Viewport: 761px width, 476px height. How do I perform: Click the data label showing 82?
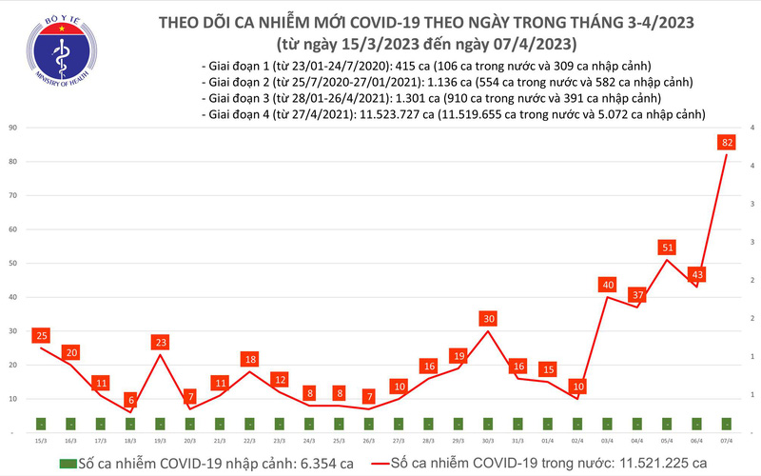[726, 142]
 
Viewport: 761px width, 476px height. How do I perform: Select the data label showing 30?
[489, 318]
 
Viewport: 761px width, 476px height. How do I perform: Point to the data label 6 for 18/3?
[130, 401]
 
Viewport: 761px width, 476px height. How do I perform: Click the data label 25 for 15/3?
[40, 335]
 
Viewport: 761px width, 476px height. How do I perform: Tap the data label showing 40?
[606, 285]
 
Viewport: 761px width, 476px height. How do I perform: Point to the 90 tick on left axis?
[13, 128]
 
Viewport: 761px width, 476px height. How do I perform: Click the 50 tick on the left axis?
[13, 264]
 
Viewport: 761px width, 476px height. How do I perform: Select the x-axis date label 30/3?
[489, 441]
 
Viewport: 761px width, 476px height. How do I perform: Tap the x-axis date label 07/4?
[727, 441]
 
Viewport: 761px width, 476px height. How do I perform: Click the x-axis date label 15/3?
[40, 441]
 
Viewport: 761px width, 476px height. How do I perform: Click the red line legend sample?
[380, 463]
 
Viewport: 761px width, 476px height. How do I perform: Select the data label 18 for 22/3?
[249, 360]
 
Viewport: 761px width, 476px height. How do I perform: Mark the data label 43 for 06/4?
[696, 274]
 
